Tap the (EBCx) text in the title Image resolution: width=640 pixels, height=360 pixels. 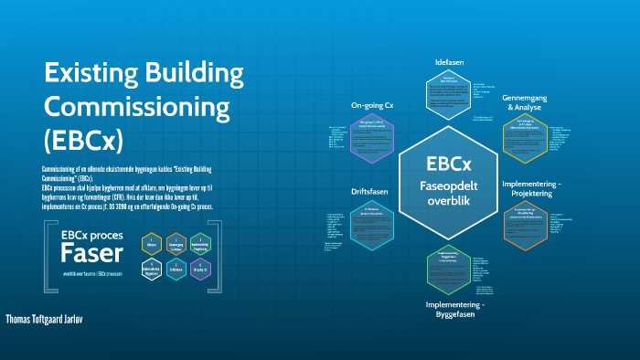[83, 141]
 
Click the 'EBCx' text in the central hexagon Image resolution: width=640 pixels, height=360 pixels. [449, 164]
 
